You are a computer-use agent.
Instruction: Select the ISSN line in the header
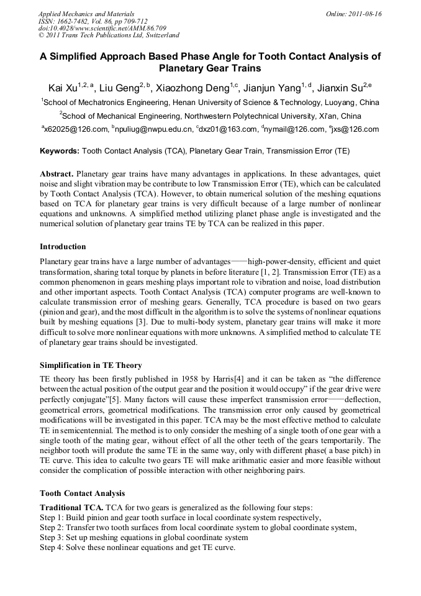click(x=93, y=21)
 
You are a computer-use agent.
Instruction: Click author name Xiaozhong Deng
click(x=194, y=88)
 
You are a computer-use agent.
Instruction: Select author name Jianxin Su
click(x=340, y=88)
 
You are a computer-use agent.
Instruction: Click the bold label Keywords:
click(x=60, y=151)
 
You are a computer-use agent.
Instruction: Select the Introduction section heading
click(x=63, y=247)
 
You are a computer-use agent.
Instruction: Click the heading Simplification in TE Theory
click(x=91, y=365)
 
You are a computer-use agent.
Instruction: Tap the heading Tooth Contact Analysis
click(x=82, y=493)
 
